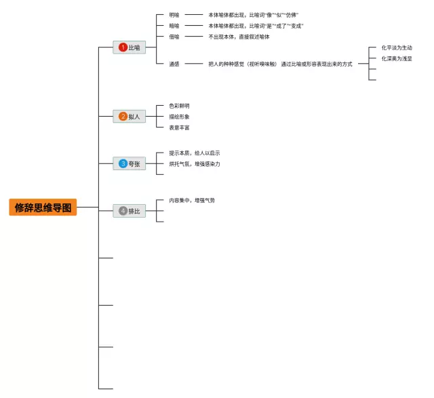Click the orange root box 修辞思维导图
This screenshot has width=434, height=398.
[x=43, y=207]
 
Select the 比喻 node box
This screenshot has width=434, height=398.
[x=129, y=47]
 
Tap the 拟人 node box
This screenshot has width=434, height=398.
[x=129, y=117]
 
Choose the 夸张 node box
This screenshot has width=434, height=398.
[x=129, y=163]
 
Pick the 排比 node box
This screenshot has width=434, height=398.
[x=129, y=211]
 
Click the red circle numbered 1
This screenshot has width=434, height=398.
[x=123, y=47]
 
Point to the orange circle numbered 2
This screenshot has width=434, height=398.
[x=123, y=117]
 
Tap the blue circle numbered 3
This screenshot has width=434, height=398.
[x=123, y=163]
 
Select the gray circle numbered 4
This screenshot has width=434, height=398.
[x=123, y=211]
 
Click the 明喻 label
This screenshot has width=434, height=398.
[x=174, y=15]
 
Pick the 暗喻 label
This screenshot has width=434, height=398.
[x=174, y=26]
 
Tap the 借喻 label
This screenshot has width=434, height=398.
[x=174, y=37]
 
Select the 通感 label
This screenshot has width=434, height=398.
[x=174, y=64]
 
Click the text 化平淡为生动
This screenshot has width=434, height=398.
[x=397, y=48]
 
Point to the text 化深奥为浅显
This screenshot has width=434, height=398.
[x=397, y=59]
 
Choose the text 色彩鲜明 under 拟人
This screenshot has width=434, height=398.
[x=179, y=106]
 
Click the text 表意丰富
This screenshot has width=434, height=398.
[x=179, y=127]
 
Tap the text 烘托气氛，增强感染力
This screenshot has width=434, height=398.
[x=195, y=164]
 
